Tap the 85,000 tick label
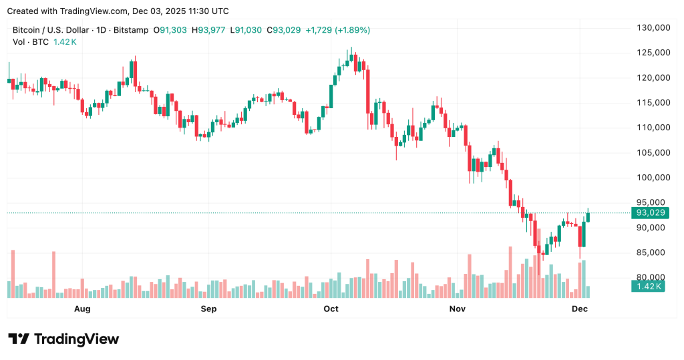pos(653,252)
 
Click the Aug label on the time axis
pos(82,309)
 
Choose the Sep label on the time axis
pos(209,309)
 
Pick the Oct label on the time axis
pos(331,309)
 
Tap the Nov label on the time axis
pos(457,309)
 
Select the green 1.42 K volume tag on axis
pos(646,287)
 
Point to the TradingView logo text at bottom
pos(75,339)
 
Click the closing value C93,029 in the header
pos(284,30)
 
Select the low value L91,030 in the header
pos(246,30)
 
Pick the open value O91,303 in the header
pos(172,30)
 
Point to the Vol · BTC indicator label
pos(31,42)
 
